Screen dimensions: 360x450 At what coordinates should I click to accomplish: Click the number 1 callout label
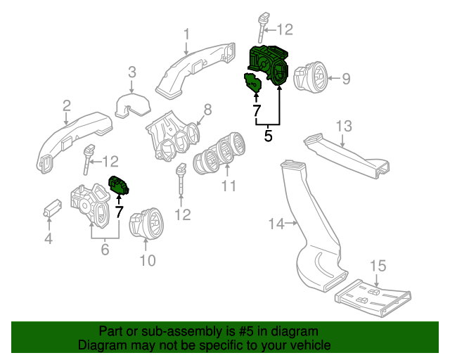click(187, 34)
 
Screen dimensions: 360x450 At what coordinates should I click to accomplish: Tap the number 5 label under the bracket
click(268, 136)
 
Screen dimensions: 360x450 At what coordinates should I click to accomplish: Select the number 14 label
click(276, 224)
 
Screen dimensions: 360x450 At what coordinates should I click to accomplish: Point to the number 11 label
click(228, 186)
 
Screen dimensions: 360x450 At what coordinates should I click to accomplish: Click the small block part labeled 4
click(51, 207)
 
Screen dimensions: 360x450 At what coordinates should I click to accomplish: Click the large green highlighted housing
click(271, 65)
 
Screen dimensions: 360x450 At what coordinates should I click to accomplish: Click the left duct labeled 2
click(70, 141)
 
